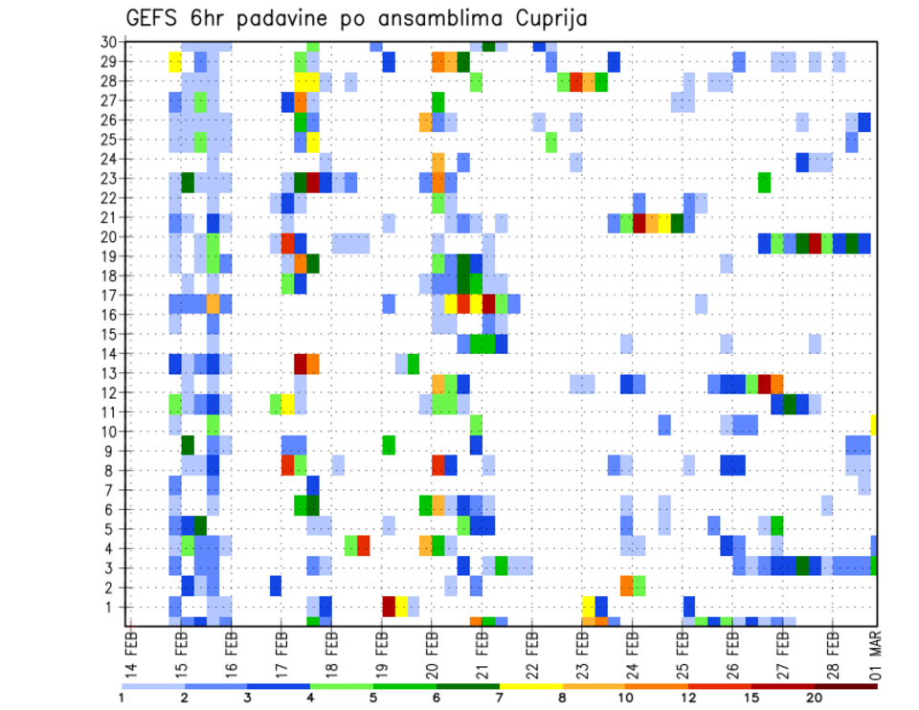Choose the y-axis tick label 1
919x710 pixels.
click(112, 607)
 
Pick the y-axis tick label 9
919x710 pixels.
click(112, 451)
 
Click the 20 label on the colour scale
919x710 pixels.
click(813, 698)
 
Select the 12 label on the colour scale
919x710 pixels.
click(686, 698)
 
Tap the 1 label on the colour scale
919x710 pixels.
click(121, 698)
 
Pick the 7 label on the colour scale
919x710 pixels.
click(499, 698)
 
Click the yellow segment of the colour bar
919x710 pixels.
click(531, 686)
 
